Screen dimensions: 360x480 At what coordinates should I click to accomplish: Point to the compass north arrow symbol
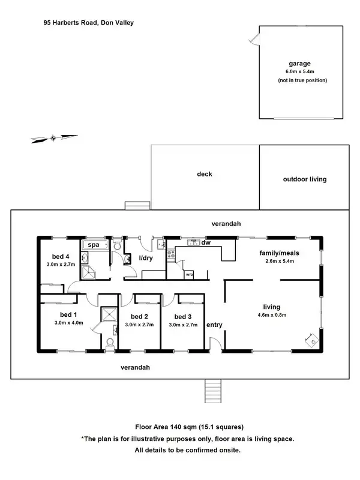[54, 139]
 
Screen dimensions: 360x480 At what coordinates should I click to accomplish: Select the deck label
[205, 175]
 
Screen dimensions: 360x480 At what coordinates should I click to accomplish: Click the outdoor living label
[305, 179]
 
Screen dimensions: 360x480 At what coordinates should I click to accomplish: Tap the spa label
[94, 245]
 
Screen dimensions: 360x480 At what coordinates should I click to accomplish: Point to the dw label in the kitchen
[206, 243]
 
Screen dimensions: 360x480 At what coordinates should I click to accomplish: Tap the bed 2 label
[139, 316]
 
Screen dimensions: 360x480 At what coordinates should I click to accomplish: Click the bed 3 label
[183, 316]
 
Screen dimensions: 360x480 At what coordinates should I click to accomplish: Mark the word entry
[214, 325]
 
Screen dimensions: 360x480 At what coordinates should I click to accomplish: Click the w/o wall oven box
[189, 275]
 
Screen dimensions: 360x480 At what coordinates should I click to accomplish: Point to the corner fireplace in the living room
[311, 340]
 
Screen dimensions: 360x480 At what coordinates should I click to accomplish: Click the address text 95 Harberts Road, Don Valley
[88, 22]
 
